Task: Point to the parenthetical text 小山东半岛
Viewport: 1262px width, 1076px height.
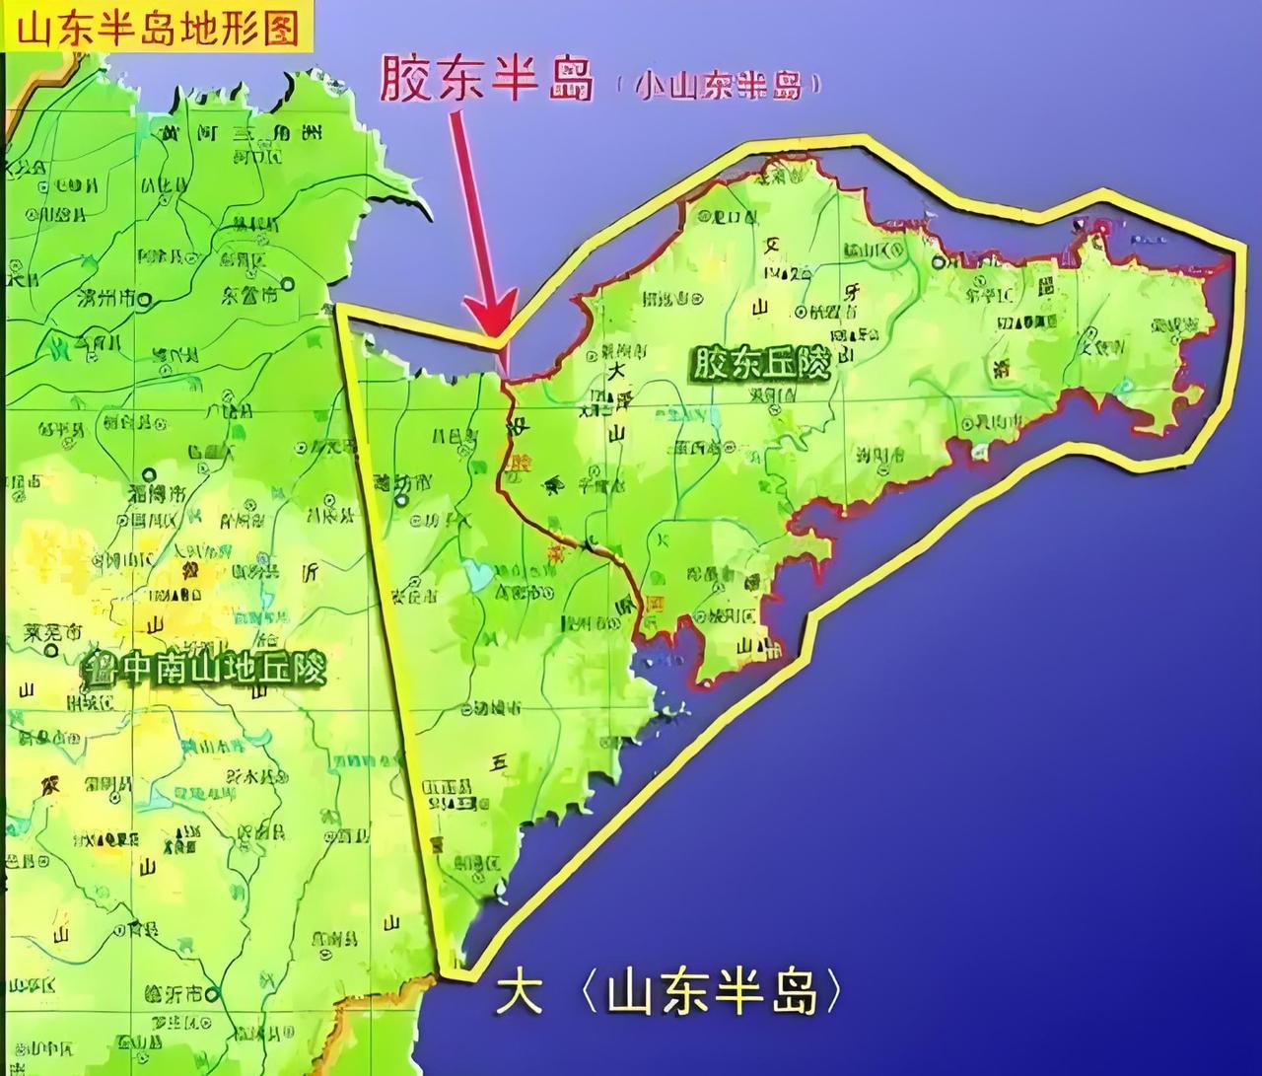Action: [720, 87]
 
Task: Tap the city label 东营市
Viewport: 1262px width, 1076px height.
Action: [247, 295]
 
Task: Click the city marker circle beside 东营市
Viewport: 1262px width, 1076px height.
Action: [287, 284]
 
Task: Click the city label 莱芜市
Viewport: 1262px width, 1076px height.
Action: [53, 631]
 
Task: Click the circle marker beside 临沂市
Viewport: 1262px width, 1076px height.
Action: [215, 995]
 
